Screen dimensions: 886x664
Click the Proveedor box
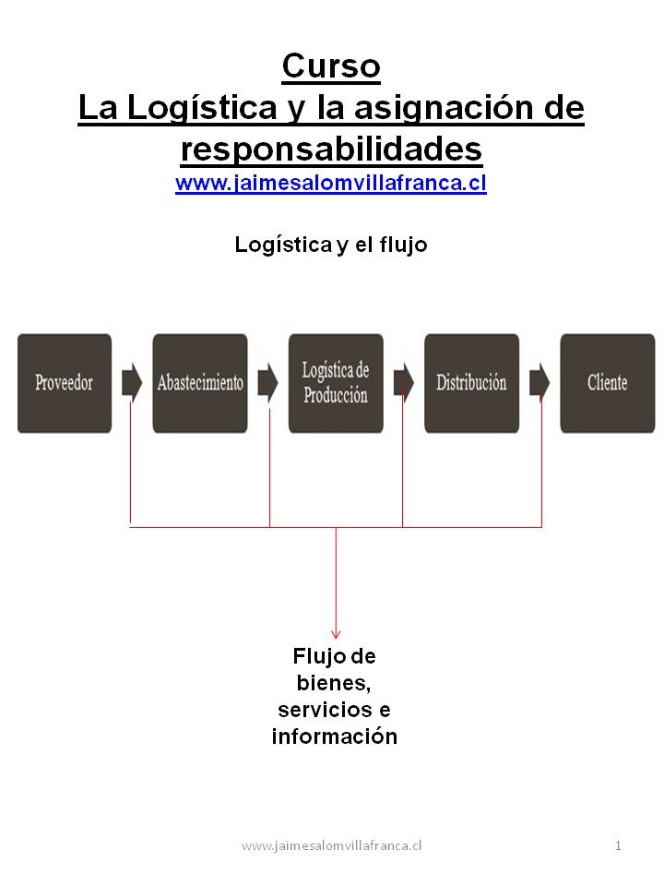coord(64,383)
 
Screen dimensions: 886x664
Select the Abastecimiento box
coord(200,383)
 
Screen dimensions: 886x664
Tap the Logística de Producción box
coord(336,383)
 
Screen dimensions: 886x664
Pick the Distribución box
coord(471,383)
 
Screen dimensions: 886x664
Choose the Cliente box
coord(607,383)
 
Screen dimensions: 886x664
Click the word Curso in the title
coord(331,66)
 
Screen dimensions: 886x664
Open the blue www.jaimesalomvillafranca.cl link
coord(331,183)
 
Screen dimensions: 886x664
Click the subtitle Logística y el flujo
coord(331,245)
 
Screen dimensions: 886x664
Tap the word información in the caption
coord(334,736)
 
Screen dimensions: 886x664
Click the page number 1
coord(618,845)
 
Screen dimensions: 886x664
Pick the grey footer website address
coord(331,845)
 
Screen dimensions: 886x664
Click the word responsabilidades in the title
coord(331,148)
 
